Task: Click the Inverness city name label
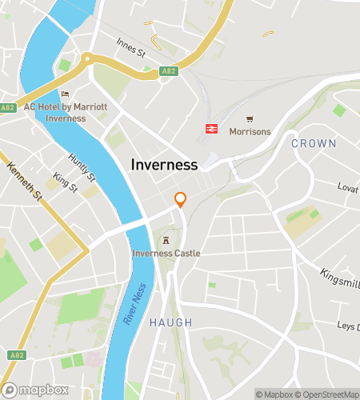click(x=163, y=165)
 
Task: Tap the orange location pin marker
click(x=181, y=200)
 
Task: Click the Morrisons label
click(x=250, y=132)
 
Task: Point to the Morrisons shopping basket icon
click(x=250, y=118)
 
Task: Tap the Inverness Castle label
click(x=166, y=254)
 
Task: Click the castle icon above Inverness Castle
click(x=166, y=241)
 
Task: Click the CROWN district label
click(x=314, y=143)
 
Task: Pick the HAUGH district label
click(x=170, y=322)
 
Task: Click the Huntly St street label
click(x=82, y=167)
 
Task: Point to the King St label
click(x=65, y=183)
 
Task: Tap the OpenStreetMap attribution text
click(x=328, y=394)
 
